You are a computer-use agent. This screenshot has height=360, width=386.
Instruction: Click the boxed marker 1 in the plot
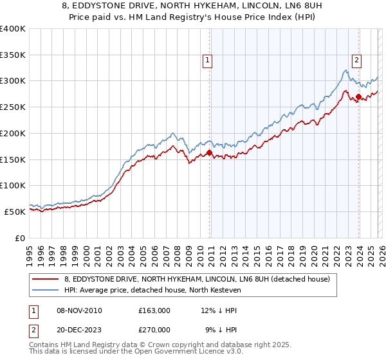point(208,61)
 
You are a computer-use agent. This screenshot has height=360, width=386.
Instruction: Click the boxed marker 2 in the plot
point(356,61)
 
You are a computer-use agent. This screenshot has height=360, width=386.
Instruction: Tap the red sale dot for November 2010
point(210,152)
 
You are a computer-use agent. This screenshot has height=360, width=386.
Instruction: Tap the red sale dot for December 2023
point(358,97)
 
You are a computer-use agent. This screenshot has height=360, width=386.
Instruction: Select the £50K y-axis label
point(15,212)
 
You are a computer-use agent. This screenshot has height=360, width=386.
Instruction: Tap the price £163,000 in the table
point(154,310)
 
